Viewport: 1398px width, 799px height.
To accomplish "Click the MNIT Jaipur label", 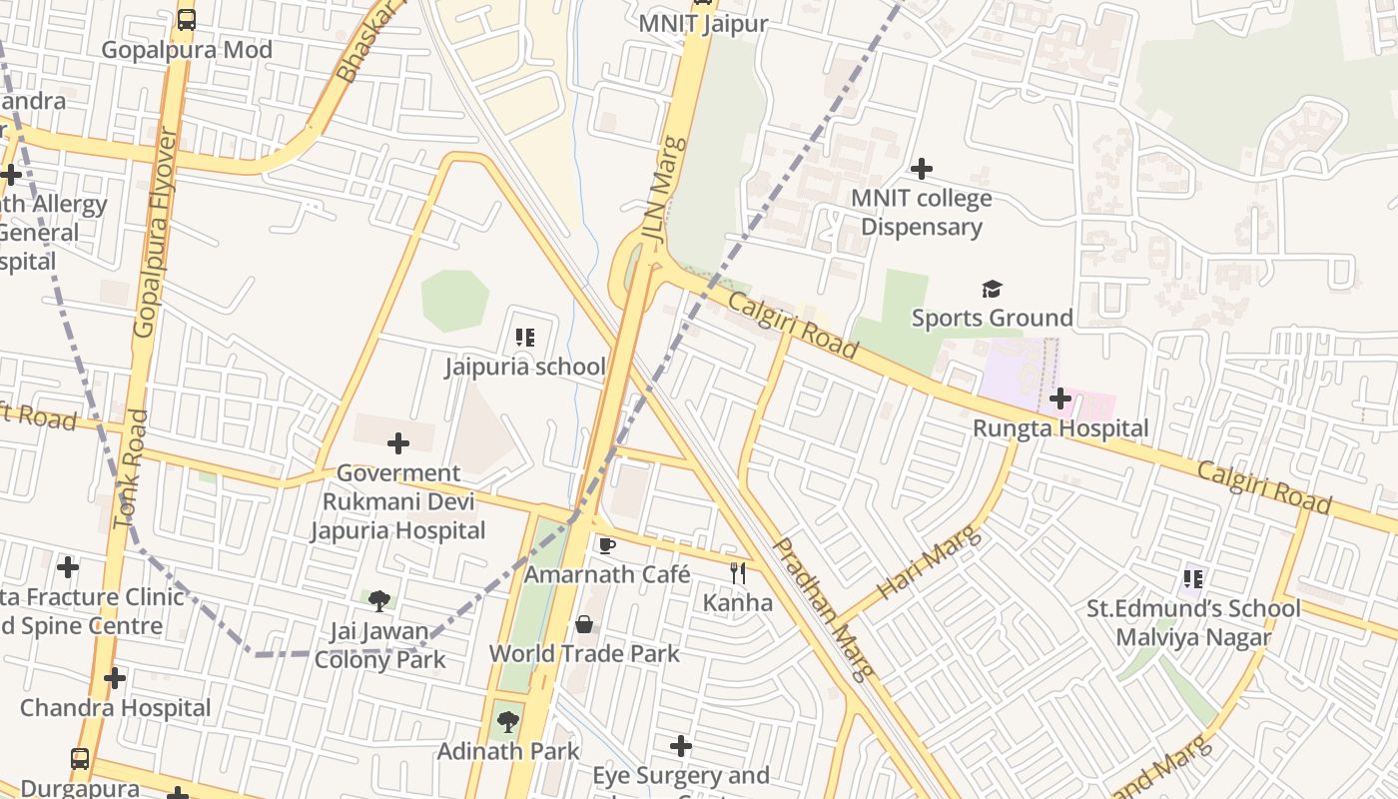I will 703,24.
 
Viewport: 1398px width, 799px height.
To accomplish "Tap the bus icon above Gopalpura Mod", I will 187,19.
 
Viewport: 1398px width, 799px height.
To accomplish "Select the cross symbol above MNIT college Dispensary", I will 921,168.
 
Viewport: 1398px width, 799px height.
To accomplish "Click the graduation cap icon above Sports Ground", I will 991,290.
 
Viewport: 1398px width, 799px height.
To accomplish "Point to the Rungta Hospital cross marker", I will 1060,399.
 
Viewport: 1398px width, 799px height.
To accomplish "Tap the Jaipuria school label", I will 525,367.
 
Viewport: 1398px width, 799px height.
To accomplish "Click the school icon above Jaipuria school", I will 525,338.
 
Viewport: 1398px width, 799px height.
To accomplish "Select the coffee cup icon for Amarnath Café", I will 606,545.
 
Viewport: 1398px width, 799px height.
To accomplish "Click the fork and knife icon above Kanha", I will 738,573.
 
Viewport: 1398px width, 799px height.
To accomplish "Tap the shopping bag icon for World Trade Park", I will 584,624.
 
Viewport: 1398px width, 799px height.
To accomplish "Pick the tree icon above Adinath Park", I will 508,721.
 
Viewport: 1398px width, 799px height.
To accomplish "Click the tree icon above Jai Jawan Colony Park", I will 378,600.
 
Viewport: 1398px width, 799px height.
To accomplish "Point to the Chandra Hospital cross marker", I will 115,678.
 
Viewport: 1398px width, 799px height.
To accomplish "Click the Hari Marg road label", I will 930,564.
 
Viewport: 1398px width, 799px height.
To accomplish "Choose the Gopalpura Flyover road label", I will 159,232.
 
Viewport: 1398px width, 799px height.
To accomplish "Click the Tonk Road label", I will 131,469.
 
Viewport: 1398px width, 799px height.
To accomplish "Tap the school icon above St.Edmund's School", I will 1192,578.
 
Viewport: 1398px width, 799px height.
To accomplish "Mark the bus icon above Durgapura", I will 80,758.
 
